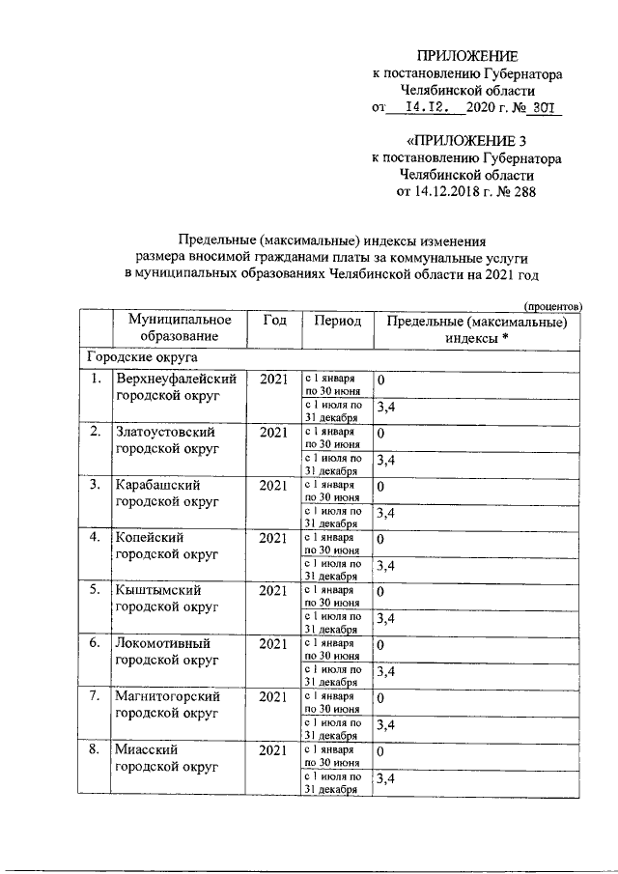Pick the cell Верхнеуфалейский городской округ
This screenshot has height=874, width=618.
(176, 387)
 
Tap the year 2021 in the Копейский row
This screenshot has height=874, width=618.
(274, 537)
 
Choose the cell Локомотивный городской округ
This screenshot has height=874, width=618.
(163, 652)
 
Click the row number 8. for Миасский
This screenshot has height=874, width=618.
(96, 750)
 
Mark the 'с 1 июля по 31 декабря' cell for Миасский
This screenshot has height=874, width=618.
(333, 782)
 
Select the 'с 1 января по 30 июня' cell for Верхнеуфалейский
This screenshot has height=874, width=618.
(331, 384)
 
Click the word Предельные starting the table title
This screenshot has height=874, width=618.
(226, 240)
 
